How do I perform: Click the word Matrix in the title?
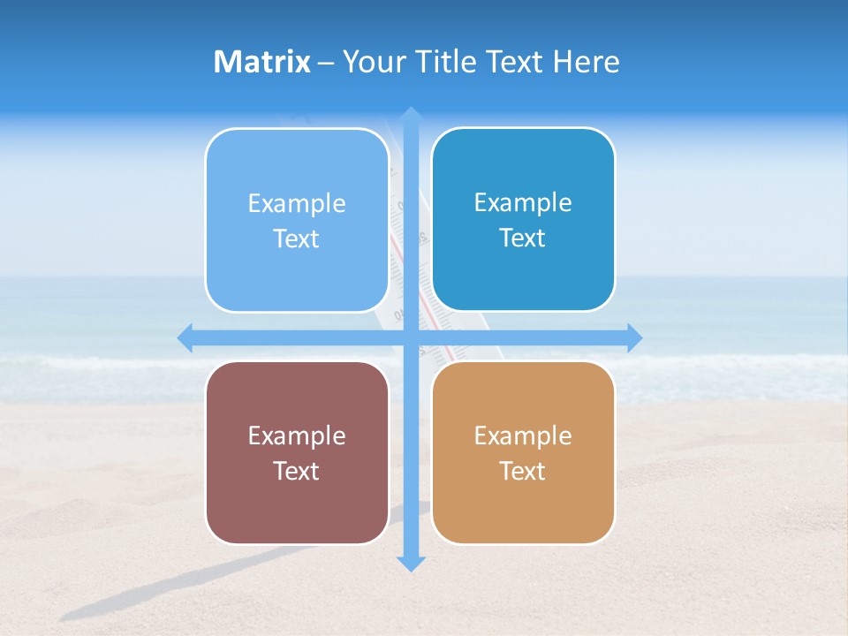click(261, 62)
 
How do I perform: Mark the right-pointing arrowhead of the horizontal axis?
click(634, 337)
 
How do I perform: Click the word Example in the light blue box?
click(297, 203)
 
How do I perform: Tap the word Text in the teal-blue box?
click(523, 238)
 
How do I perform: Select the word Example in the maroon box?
click(297, 435)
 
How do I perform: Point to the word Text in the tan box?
click(523, 471)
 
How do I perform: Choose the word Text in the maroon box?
click(297, 471)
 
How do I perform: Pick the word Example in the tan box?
click(523, 435)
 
